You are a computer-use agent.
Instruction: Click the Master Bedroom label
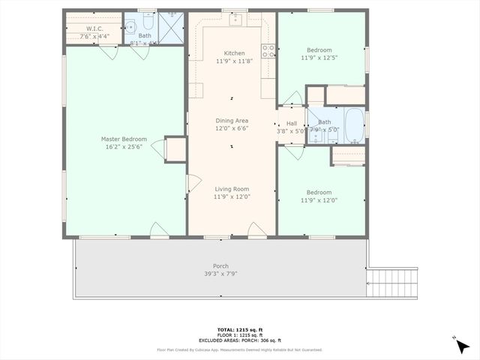124,139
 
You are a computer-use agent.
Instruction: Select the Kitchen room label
233,53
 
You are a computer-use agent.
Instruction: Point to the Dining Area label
232,120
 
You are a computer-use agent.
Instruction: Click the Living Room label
232,189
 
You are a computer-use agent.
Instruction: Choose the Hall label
291,122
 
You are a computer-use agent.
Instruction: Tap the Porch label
220,266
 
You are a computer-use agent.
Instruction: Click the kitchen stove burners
267,51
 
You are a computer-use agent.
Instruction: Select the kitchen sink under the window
234,19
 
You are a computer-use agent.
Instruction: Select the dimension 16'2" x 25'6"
124,147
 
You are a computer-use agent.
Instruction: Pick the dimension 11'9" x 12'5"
321,57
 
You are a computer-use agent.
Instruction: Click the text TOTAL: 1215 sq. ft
239,330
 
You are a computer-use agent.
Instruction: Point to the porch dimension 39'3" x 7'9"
220,274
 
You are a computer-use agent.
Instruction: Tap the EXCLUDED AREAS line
239,340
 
